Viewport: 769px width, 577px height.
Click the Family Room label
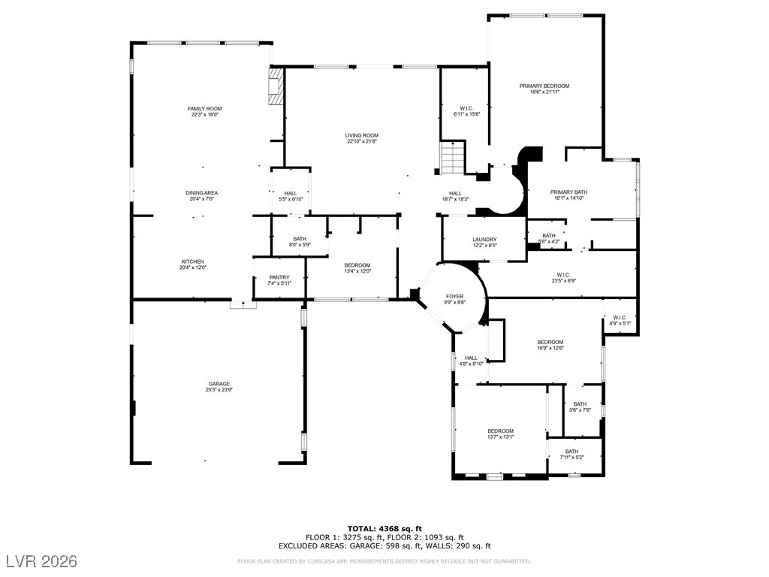pyautogui.click(x=204, y=109)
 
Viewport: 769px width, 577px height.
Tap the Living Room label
pyautogui.click(x=361, y=135)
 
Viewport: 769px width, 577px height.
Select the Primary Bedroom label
pyautogui.click(x=544, y=86)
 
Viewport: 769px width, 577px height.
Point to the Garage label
pyautogui.click(x=219, y=384)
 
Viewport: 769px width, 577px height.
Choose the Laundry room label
pyautogui.click(x=484, y=240)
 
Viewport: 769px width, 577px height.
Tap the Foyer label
pyautogui.click(x=454, y=296)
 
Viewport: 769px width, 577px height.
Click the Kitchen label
pyautogui.click(x=193, y=261)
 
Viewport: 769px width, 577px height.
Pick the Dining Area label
pyautogui.click(x=201, y=193)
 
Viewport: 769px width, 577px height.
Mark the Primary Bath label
pyautogui.click(x=568, y=192)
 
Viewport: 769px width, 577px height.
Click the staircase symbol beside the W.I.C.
pyautogui.click(x=453, y=158)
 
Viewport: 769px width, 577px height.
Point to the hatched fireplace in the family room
pyautogui.click(x=276, y=86)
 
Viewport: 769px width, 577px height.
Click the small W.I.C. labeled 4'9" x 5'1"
pyautogui.click(x=620, y=320)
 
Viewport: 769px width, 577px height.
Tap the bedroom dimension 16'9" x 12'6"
pyautogui.click(x=550, y=348)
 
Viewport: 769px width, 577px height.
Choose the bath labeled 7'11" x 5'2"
pyautogui.click(x=571, y=455)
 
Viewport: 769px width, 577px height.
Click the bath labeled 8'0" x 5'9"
pyautogui.click(x=300, y=242)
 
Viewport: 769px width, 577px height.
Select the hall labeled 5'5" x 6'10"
pyautogui.click(x=291, y=196)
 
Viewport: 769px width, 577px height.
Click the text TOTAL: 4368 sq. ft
pyautogui.click(x=384, y=528)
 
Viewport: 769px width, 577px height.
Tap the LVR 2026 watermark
pyautogui.click(x=42, y=560)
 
